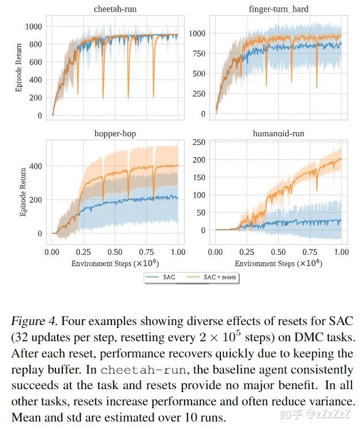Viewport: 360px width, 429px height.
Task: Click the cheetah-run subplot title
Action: click(x=115, y=10)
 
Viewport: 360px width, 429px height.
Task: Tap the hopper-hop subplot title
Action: click(x=115, y=133)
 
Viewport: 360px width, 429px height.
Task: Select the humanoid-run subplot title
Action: click(x=277, y=133)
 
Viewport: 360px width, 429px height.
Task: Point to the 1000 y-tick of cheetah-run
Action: click(x=33, y=27)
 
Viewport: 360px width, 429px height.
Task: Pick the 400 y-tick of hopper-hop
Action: click(x=35, y=166)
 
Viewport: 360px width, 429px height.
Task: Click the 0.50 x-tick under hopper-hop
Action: click(x=115, y=252)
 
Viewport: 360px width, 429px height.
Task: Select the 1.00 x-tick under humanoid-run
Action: click(x=342, y=252)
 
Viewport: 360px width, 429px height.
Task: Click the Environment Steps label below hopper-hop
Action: click(x=114, y=263)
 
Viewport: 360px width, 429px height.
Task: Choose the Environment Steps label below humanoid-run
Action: click(x=277, y=263)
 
